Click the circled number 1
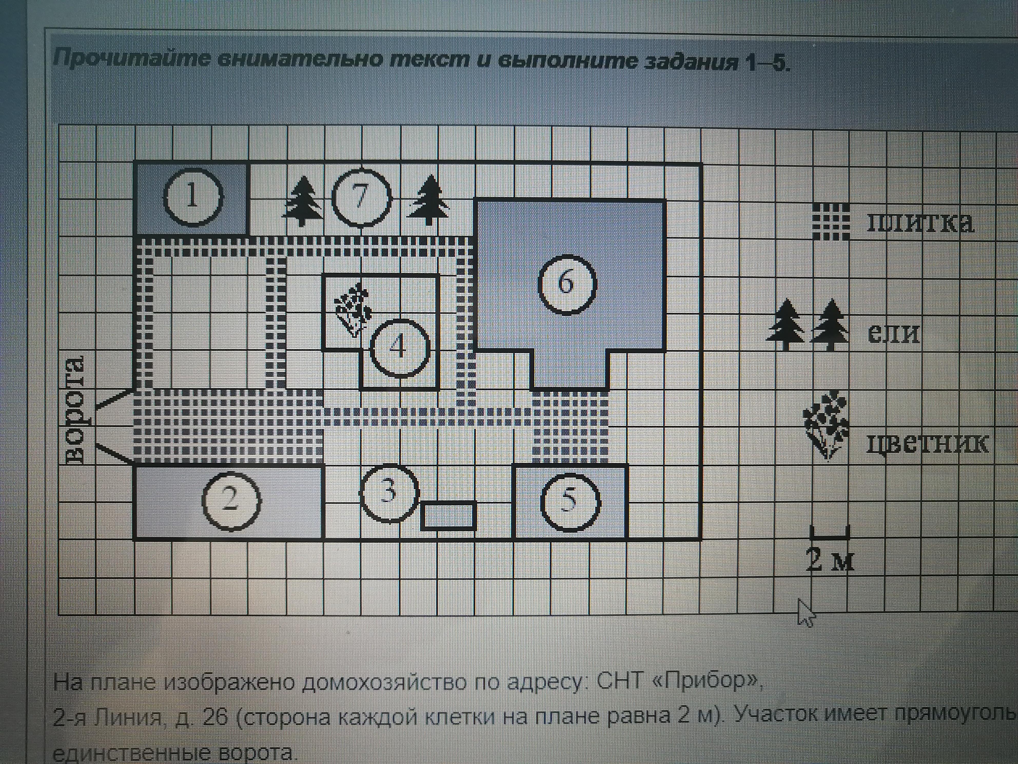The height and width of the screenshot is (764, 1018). (193, 198)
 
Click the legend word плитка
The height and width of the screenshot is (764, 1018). (920, 223)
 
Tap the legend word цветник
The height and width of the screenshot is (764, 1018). (927, 443)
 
